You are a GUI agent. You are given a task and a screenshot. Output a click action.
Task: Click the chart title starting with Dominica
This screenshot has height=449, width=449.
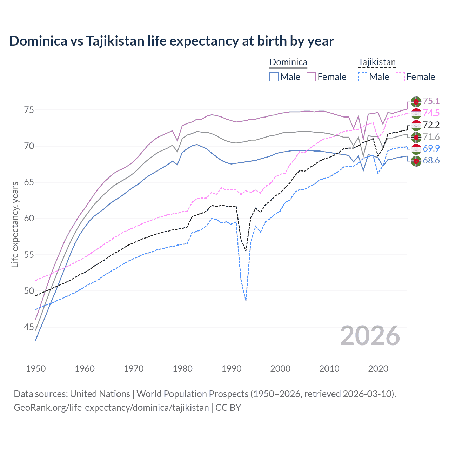pyautogui.click(x=172, y=41)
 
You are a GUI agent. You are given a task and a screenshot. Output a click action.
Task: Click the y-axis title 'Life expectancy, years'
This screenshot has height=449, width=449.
pyautogui.click(x=15, y=224)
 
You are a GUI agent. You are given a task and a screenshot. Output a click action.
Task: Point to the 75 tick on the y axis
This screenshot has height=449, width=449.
pyautogui.click(x=29, y=110)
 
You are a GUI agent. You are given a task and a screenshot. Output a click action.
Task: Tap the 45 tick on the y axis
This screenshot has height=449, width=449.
pyautogui.click(x=29, y=327)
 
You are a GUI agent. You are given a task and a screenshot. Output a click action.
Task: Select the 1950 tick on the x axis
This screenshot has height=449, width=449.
pyautogui.click(x=36, y=369)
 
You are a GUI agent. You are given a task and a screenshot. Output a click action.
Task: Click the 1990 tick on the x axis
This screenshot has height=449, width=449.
pyautogui.click(x=232, y=369)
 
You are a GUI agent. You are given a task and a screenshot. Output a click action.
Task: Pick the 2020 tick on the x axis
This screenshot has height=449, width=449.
pyautogui.click(x=378, y=369)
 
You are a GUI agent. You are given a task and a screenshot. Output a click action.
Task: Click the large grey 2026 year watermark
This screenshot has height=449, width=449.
pyautogui.click(x=370, y=336)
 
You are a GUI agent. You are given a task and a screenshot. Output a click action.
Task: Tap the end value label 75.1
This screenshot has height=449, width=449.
pyautogui.click(x=431, y=101)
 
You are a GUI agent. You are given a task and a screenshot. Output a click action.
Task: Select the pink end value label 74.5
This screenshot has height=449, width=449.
pyautogui.click(x=431, y=113)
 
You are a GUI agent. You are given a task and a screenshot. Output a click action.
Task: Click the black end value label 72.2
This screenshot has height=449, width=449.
pyautogui.click(x=431, y=125)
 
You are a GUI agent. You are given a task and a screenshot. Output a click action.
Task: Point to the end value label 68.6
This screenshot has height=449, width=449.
pyautogui.click(x=431, y=161)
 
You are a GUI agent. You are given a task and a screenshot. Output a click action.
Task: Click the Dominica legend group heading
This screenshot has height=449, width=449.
pyautogui.click(x=288, y=62)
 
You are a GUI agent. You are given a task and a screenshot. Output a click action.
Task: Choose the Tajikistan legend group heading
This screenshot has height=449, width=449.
pyautogui.click(x=377, y=62)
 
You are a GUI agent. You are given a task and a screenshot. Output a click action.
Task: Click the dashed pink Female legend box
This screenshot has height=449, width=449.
pyautogui.click(x=400, y=77)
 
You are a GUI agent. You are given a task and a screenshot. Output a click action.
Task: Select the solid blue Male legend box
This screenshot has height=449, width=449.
pyautogui.click(x=274, y=77)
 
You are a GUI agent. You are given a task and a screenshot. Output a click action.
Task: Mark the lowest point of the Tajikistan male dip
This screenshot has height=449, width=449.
pyautogui.click(x=246, y=300)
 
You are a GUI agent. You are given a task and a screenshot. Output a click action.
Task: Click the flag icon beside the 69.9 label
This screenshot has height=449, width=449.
pyautogui.click(x=416, y=149)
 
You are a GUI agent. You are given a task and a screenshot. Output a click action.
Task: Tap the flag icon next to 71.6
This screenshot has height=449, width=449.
pyautogui.click(x=416, y=137)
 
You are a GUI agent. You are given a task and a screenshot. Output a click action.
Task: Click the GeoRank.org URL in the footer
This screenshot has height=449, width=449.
pyautogui.click(x=111, y=408)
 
